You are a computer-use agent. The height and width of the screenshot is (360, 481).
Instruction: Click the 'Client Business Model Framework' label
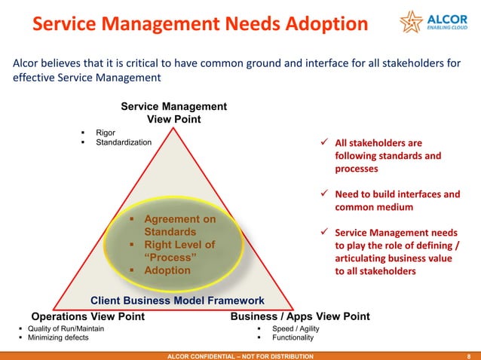177,301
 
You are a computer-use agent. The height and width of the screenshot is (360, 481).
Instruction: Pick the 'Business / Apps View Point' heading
299,316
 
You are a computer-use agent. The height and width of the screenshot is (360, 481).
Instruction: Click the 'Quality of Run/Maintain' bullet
66,329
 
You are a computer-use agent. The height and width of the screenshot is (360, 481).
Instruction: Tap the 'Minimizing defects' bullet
58,338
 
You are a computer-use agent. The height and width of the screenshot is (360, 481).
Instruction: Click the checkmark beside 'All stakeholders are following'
325,143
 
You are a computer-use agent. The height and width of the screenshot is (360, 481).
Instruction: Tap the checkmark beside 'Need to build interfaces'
325,195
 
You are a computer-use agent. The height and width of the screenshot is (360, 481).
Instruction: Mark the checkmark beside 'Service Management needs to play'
325,233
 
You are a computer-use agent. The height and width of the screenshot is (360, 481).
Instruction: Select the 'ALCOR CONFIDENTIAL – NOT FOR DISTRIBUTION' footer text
240,355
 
